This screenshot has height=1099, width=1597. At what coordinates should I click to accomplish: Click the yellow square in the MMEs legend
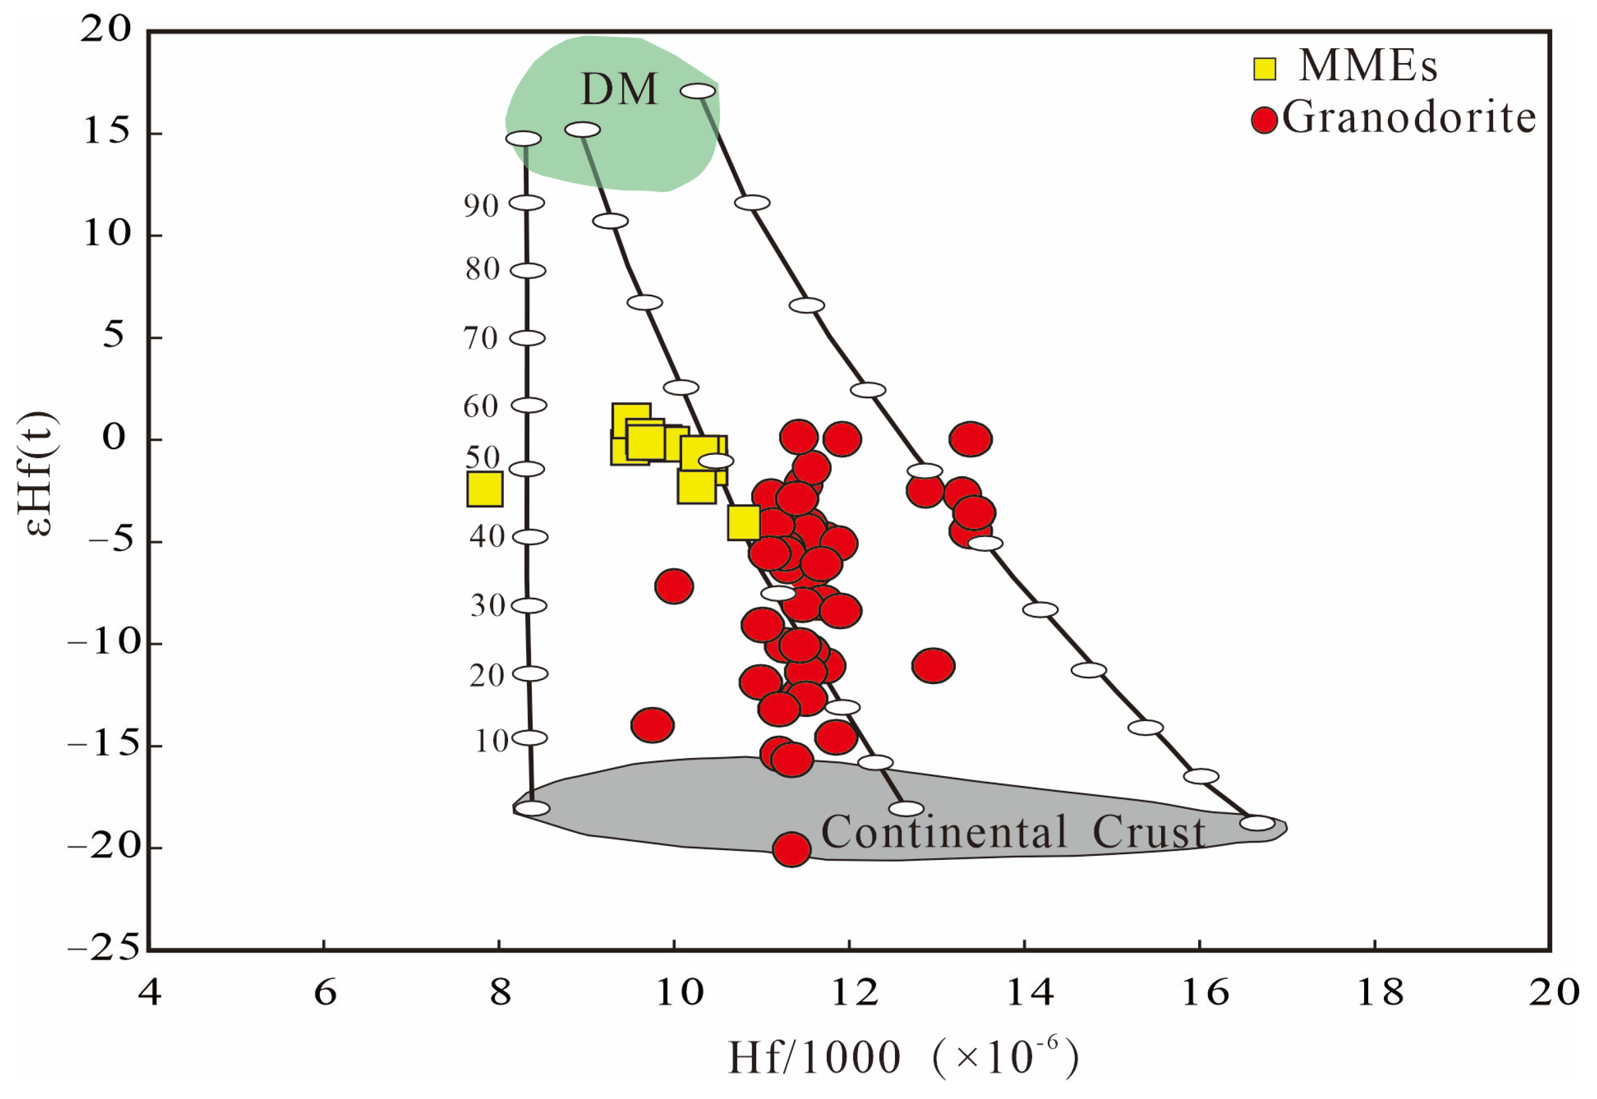point(1264,68)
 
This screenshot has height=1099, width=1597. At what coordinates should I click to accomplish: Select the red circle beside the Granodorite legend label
point(1264,120)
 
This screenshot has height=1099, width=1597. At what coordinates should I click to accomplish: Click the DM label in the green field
point(619,89)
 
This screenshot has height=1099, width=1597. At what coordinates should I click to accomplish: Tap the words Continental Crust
point(1012,832)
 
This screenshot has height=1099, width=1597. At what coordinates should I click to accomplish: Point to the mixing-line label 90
point(480,206)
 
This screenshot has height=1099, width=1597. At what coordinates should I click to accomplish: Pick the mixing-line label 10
point(491,741)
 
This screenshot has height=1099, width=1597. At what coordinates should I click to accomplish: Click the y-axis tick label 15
point(106,132)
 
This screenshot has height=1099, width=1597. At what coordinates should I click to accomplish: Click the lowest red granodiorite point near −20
point(791,849)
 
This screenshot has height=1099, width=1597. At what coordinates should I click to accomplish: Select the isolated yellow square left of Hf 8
point(484,489)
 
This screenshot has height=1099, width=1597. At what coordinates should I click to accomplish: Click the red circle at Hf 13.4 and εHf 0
point(970,439)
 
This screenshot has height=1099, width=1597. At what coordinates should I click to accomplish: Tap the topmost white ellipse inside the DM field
point(697,91)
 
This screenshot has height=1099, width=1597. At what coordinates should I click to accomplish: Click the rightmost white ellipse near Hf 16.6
point(1257,823)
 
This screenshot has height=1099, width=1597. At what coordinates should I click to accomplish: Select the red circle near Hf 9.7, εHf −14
point(652,724)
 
